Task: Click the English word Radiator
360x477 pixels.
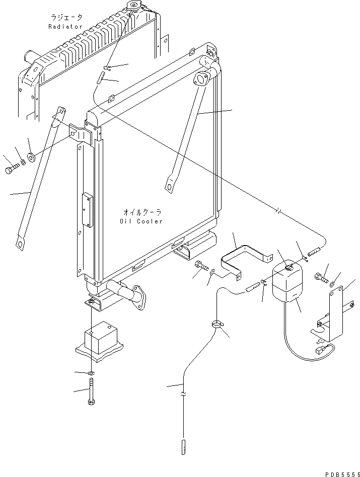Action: point(65,27)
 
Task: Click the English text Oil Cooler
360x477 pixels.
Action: point(141,221)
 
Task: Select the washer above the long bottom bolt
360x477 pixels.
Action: point(91,372)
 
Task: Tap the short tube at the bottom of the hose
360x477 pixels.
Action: point(184,446)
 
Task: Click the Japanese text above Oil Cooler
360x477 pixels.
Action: point(141,212)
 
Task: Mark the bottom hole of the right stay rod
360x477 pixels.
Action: point(169,187)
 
